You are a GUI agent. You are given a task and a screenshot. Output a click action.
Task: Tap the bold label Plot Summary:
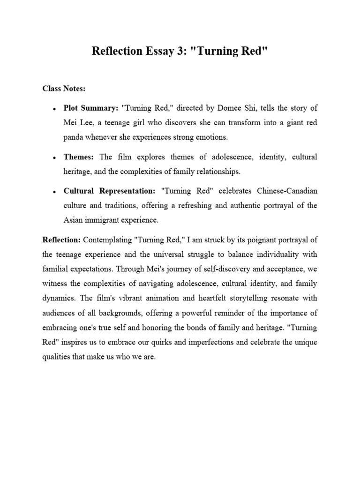click(x=91, y=108)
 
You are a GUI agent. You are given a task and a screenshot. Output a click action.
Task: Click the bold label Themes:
click(x=80, y=156)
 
